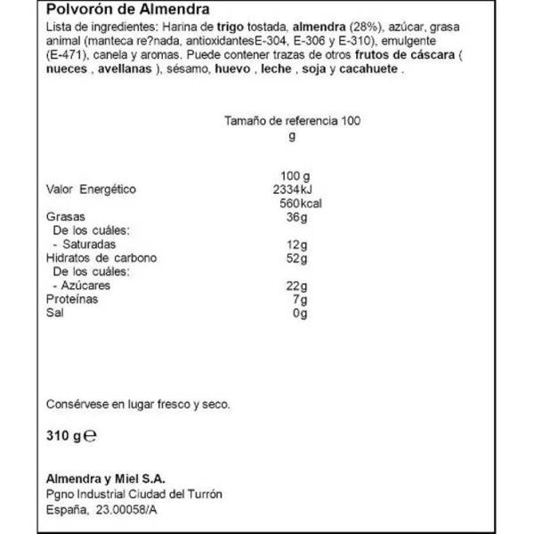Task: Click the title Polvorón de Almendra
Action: click(117, 11)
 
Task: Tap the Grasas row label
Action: click(63, 217)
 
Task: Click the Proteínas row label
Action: click(69, 301)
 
